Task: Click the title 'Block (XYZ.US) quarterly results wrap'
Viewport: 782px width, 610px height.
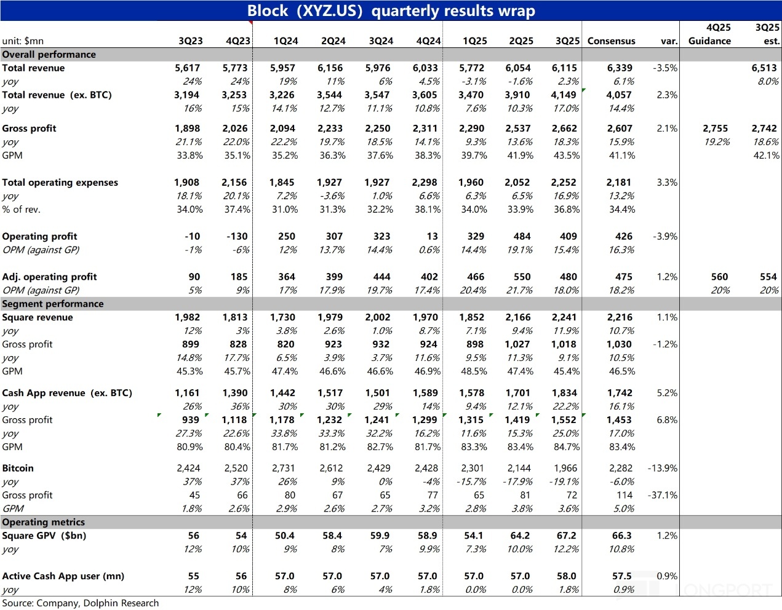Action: click(x=391, y=11)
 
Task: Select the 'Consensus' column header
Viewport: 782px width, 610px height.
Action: click(x=611, y=41)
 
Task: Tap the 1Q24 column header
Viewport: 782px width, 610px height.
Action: click(x=285, y=41)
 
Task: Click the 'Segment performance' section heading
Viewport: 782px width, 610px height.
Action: click(x=53, y=304)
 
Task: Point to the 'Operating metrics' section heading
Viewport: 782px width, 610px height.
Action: click(x=44, y=522)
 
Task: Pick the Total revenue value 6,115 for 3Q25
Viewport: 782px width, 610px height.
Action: click(x=564, y=68)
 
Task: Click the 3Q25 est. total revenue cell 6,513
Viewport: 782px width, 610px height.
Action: click(x=764, y=68)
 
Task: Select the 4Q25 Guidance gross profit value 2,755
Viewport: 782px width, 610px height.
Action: click(x=715, y=129)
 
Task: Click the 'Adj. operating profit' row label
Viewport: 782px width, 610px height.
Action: click(x=49, y=277)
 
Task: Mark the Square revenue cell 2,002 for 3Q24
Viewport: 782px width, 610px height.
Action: click(x=378, y=317)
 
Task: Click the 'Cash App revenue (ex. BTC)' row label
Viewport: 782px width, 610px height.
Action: click(x=67, y=393)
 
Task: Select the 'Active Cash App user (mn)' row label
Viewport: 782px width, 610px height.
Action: click(x=63, y=576)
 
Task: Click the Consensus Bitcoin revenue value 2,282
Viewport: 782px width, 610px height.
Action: click(x=620, y=468)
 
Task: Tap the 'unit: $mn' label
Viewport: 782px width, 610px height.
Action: click(x=23, y=41)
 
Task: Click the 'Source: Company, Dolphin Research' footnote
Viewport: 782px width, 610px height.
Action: click(x=80, y=603)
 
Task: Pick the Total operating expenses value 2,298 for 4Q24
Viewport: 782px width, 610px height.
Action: click(x=425, y=183)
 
